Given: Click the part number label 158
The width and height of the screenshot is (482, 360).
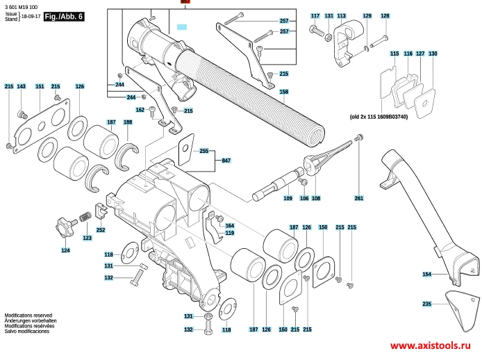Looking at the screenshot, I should pyautogui.click(x=283, y=92).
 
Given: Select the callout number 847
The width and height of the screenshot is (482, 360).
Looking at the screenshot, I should pyautogui.click(x=226, y=161).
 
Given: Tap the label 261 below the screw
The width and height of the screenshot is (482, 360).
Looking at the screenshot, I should pyautogui.click(x=358, y=199).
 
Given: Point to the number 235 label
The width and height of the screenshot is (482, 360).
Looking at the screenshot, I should pyautogui.click(x=426, y=304).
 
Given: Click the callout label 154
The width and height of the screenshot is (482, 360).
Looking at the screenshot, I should pyautogui.click(x=426, y=275).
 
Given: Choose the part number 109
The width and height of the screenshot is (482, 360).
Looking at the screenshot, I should pyautogui.click(x=288, y=199).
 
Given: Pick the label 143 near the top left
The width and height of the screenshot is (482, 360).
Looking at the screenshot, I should pyautogui.click(x=22, y=86).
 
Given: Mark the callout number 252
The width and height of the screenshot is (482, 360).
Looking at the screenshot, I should pyautogui.click(x=101, y=230).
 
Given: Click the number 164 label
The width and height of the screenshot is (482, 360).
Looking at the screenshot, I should pyautogui.click(x=230, y=225).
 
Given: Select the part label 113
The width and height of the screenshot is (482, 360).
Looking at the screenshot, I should pyautogui.click(x=342, y=15).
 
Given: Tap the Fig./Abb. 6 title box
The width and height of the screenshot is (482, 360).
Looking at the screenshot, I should pyautogui.click(x=63, y=17).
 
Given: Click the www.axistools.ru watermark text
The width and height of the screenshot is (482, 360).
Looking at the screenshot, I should pyautogui.click(x=431, y=345).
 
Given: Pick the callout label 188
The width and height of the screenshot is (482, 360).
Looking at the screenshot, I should pyautogui.click(x=128, y=122).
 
